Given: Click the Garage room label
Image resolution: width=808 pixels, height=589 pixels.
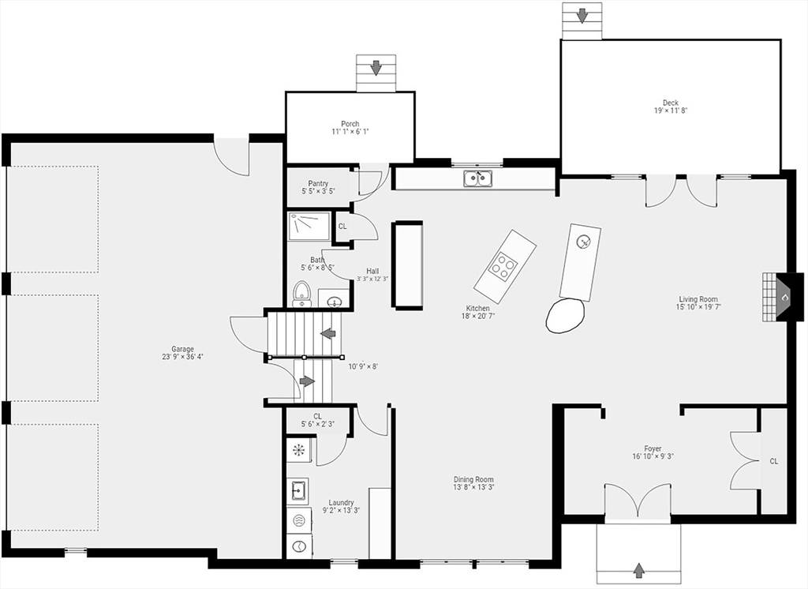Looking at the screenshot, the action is pyautogui.click(x=182, y=349).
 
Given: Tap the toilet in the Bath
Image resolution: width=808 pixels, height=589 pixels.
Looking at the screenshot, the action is pyautogui.click(x=301, y=294).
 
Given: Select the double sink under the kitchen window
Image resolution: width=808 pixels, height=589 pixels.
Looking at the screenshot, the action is pyautogui.click(x=477, y=178).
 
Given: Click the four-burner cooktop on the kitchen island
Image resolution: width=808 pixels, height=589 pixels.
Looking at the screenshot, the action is pyautogui.click(x=503, y=265).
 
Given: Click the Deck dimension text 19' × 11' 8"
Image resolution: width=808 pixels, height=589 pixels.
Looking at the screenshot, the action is pyautogui.click(x=671, y=111).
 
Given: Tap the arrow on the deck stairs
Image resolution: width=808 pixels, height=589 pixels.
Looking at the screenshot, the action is pyautogui.click(x=582, y=16).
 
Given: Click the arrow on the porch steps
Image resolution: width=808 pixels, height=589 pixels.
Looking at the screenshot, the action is pyautogui.click(x=376, y=67).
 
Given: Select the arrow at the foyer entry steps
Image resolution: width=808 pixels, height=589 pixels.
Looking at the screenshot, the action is pyautogui.click(x=638, y=570).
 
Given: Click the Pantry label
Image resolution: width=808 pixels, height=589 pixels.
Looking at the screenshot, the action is pyautogui.click(x=318, y=184).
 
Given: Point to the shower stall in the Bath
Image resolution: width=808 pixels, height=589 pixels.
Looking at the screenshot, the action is pyautogui.click(x=309, y=226).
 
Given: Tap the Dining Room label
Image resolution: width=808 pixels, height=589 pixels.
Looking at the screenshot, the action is pyautogui.click(x=473, y=479).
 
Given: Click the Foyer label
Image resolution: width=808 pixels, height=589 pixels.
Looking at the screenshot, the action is pyautogui.click(x=653, y=448).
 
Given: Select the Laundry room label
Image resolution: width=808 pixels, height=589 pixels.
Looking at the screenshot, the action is pyautogui.click(x=341, y=503).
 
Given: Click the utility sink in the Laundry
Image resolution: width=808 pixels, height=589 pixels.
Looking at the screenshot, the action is pyautogui.click(x=298, y=489).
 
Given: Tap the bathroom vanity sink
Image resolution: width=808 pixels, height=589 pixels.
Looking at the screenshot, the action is pyautogui.click(x=335, y=301).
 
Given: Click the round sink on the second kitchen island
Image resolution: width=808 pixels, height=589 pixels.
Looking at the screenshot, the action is pyautogui.click(x=583, y=240).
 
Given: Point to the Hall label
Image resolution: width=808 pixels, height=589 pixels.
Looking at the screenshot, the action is pyautogui.click(x=372, y=271).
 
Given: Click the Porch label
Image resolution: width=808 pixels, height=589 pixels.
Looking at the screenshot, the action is pyautogui.click(x=350, y=124).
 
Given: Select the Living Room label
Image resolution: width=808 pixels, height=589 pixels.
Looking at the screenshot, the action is pyautogui.click(x=698, y=299).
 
